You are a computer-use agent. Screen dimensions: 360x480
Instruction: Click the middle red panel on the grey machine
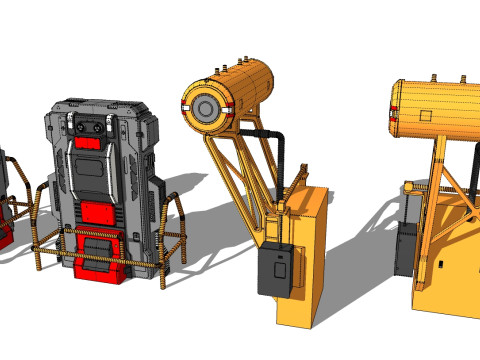click(x=98, y=212)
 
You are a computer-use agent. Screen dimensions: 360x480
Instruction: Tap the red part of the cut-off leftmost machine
click(x=5, y=235)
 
